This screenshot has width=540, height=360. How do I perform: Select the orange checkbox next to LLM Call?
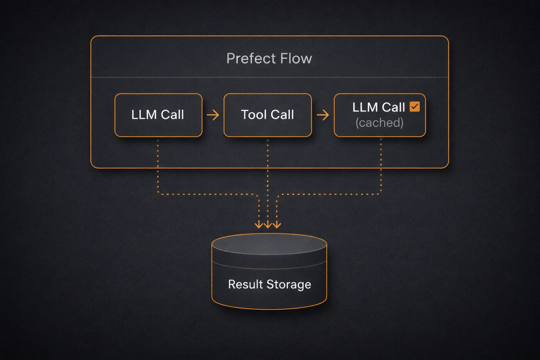pyautogui.click(x=415, y=107)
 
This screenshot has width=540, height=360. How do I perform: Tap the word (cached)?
pyautogui.click(x=379, y=123)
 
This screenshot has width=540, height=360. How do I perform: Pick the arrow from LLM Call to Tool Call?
pyautogui.click(x=213, y=115)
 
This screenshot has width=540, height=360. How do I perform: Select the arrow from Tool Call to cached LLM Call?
pyautogui.click(x=323, y=115)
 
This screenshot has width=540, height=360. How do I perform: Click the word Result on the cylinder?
pyautogui.click(x=245, y=284)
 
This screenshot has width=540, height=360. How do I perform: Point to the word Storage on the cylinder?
pyautogui.click(x=289, y=284)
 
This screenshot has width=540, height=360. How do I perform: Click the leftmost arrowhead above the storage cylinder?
pyautogui.click(x=259, y=225)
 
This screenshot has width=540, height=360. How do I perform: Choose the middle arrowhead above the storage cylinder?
pyautogui.click(x=268, y=225)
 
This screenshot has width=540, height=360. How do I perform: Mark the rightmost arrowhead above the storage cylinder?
pyautogui.click(x=277, y=225)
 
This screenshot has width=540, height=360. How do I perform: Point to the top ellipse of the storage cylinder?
pyautogui.click(x=269, y=244)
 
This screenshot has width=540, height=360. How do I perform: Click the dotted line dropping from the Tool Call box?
pyautogui.click(x=268, y=169)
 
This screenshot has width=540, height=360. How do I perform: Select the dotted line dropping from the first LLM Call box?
pyautogui.click(x=158, y=169)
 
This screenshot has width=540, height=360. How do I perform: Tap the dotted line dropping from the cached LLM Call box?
pyautogui.click(x=381, y=169)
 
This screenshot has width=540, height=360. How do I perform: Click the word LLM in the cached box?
pyautogui.click(x=365, y=107)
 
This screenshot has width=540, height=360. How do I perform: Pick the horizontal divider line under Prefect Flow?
pyautogui.click(x=176, y=77)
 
